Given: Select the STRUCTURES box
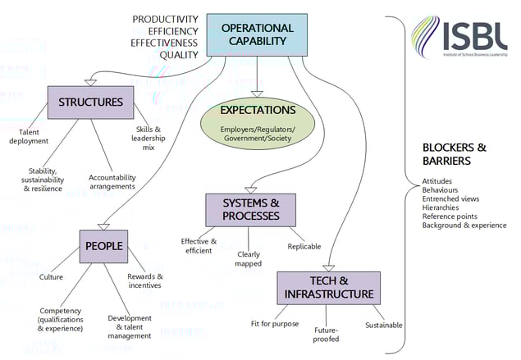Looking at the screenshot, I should tap(90, 103).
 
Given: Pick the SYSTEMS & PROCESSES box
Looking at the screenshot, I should tap(249, 210).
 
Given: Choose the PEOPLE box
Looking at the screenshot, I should tap(103, 245).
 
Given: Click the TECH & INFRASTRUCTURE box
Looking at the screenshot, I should tap(328, 288).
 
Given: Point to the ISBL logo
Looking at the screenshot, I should tap(465, 37).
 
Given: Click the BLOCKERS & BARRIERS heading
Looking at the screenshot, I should tap(454, 154).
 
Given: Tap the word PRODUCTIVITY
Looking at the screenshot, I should tap(165, 19).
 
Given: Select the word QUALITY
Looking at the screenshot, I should tap(179, 56).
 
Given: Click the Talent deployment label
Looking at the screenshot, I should tap(29, 136).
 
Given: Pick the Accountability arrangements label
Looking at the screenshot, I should tap(112, 181).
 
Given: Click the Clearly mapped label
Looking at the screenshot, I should tap(248, 259).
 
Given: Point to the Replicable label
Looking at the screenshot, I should tap(304, 247).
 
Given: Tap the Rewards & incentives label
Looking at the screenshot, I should tap(144, 280).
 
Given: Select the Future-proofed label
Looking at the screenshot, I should tap(326, 334).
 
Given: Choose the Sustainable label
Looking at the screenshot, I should tap(383, 325).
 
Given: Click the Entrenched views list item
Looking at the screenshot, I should tap(450, 198).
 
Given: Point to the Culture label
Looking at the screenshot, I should tap(51, 277).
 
